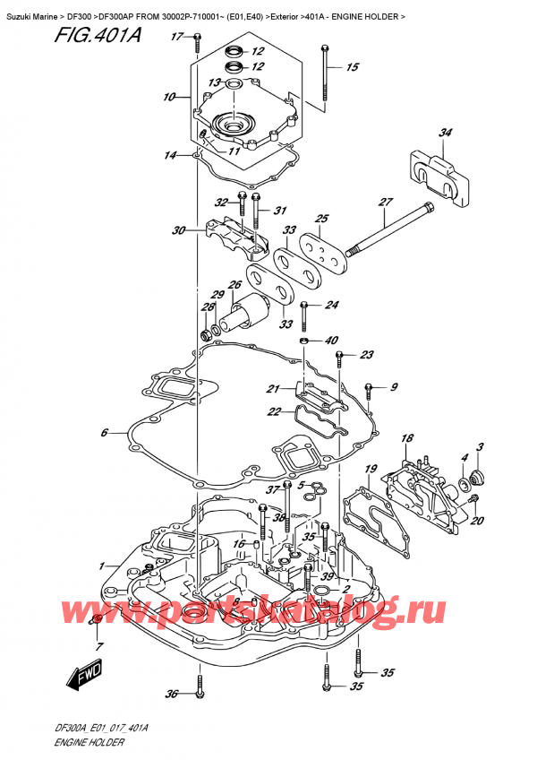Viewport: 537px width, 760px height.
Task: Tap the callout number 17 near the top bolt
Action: click(175, 37)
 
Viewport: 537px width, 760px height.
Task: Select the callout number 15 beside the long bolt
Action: click(352, 67)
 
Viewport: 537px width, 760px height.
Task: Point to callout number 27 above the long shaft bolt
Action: click(386, 202)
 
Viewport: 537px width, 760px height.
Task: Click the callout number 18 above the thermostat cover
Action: click(407, 438)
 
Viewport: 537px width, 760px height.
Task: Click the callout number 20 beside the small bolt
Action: click(476, 522)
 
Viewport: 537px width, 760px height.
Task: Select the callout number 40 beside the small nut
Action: click(331, 341)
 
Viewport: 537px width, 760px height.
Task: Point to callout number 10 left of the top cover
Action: click(168, 97)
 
